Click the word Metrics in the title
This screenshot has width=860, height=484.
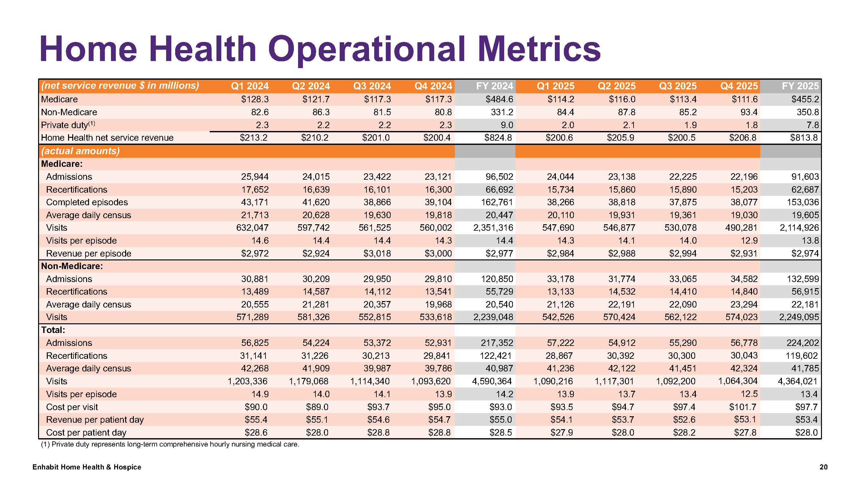(539, 49)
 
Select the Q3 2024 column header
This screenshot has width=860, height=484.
(372, 86)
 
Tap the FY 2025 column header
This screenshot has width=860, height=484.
(800, 86)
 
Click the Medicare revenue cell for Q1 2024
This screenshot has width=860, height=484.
(255, 99)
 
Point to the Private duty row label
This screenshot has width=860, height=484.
(68, 125)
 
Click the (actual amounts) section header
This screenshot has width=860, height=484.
(80, 151)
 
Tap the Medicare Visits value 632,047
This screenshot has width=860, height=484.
(252, 228)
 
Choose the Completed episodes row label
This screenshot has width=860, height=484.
(87, 202)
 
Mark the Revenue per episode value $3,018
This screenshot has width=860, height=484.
(377, 254)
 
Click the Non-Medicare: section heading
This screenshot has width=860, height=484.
(72, 266)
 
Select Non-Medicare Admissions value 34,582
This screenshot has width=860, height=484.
(744, 279)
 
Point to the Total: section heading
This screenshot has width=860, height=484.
(53, 330)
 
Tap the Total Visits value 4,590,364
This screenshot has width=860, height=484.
(492, 381)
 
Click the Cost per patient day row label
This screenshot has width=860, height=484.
(86, 433)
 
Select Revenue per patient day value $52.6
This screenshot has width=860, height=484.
(684, 419)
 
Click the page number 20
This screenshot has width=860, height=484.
(824, 467)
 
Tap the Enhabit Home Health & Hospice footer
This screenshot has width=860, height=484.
(87, 467)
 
